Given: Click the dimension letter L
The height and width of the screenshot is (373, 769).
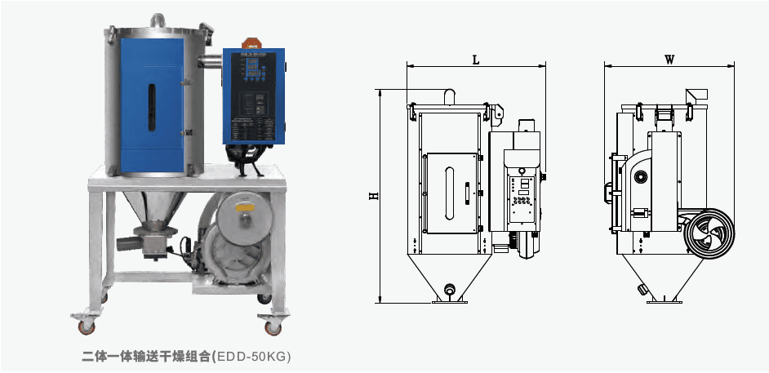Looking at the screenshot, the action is [475, 60].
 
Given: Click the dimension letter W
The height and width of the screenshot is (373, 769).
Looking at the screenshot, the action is [669, 60].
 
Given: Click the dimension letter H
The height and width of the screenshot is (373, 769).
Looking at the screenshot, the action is [374, 196].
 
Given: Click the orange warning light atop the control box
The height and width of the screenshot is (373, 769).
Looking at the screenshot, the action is [252, 43].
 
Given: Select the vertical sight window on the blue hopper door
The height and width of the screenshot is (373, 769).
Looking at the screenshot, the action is [152, 108].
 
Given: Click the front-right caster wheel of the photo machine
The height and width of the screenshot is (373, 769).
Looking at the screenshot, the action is [272, 327].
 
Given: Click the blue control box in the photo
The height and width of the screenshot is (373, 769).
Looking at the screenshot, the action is [254, 96].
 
